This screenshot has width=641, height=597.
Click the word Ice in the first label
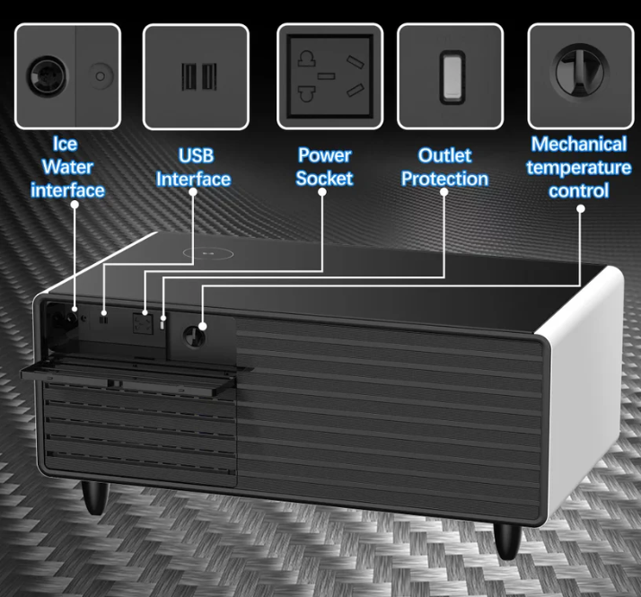tap(65, 144)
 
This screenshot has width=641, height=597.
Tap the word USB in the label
tap(196, 156)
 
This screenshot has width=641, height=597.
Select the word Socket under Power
tap(324, 179)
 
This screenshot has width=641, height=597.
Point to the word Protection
tap(444, 180)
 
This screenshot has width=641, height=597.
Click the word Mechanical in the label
tap(579, 145)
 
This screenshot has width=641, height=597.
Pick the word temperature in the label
tap(579, 168)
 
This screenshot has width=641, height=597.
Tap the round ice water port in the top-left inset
tap(47, 76)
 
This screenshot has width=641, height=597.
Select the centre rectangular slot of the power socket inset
tap(326, 76)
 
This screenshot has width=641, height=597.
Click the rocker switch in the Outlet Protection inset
tap(452, 77)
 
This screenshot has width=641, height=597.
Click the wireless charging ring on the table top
tap(208, 253)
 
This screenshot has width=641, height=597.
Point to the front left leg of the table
tap(96, 497)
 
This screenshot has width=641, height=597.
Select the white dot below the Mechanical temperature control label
tap(580, 209)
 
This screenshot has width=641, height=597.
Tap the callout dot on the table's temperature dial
tap(202, 326)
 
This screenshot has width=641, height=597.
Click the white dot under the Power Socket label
tap(322, 192)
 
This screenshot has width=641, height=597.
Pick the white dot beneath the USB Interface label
tap(193, 192)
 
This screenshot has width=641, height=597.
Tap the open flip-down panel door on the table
tap(135, 375)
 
